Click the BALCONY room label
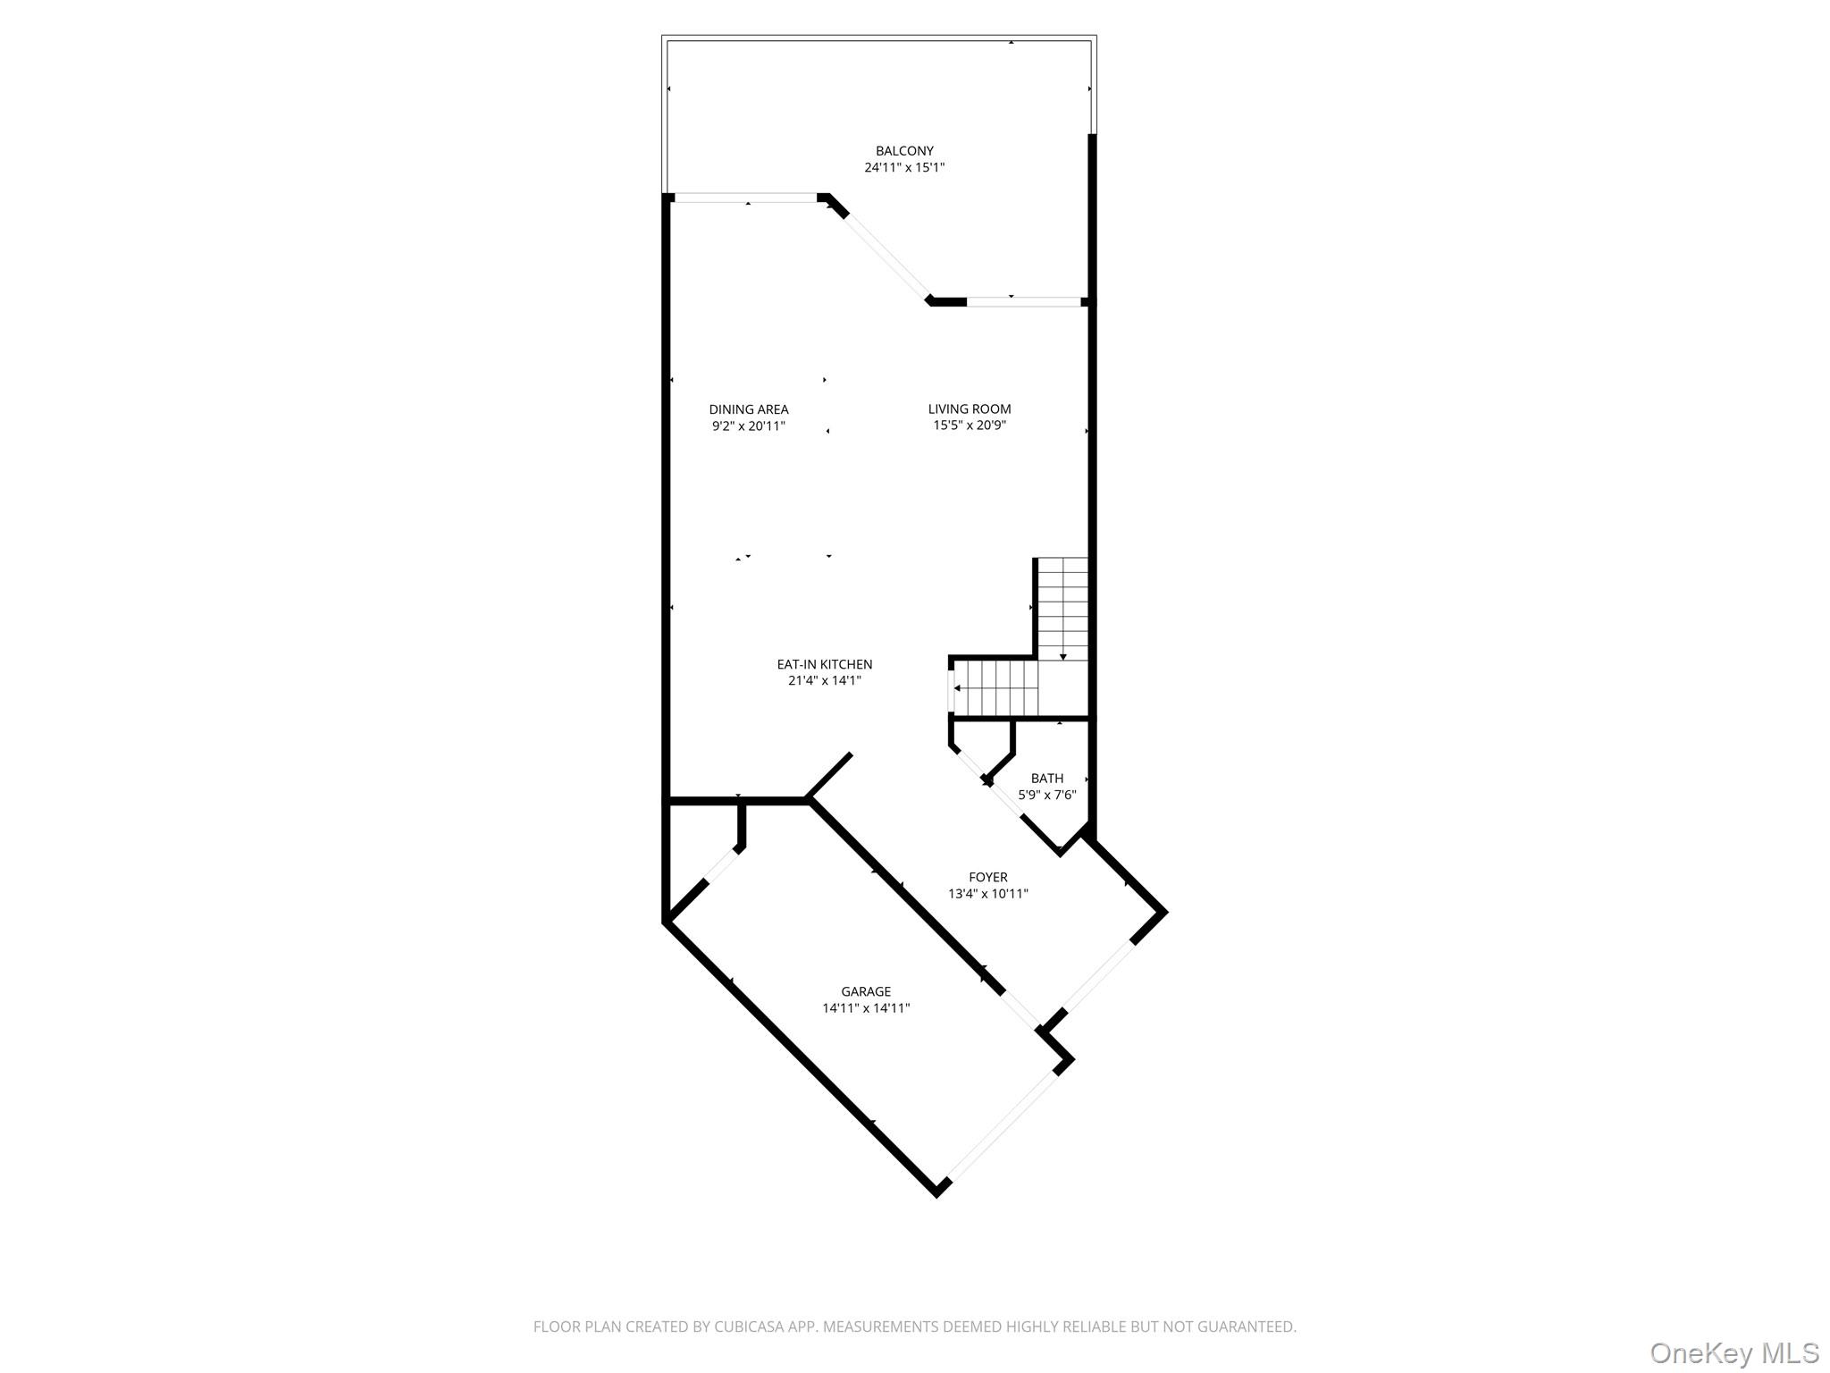(904, 151)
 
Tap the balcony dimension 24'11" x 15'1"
(904, 167)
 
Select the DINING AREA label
(749, 409)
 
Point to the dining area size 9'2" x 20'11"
(749, 426)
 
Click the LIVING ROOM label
(970, 409)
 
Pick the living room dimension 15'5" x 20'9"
(970, 425)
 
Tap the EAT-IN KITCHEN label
(824, 664)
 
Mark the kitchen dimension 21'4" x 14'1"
(824, 680)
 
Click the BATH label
(1047, 779)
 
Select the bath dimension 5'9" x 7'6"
(1047, 795)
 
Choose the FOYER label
(988, 878)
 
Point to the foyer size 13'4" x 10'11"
(988, 894)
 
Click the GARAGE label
(866, 991)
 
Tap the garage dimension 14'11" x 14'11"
(866, 1008)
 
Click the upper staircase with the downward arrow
(1062, 608)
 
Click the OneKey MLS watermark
(1733, 1352)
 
